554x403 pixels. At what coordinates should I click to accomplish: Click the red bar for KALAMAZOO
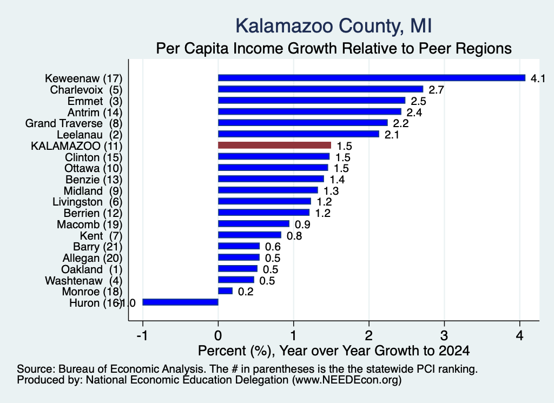coord(274,145)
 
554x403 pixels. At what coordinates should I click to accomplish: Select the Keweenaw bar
coord(372,78)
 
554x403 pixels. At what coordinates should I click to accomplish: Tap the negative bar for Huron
coord(180,302)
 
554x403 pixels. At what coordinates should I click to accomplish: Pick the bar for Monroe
coord(226,290)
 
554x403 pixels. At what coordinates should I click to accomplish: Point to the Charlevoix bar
coord(320,89)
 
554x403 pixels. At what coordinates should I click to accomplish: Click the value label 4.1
coord(538,78)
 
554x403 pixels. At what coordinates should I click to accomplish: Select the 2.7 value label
coord(437,90)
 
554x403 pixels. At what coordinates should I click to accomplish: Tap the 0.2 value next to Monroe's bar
coord(246,292)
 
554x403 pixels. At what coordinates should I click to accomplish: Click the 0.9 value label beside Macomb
coord(302,224)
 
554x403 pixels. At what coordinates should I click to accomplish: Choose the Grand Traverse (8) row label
coord(74,123)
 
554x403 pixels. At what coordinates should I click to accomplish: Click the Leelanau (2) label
coord(90,135)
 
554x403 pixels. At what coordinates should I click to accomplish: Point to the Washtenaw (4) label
coord(84,280)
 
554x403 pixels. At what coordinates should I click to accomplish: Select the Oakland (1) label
coord(92,269)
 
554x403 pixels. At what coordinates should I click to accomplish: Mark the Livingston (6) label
coord(88,202)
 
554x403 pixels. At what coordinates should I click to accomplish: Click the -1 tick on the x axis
coord(142,335)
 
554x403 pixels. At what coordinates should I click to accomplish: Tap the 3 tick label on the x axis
coord(444,335)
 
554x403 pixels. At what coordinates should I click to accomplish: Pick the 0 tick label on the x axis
coord(218,335)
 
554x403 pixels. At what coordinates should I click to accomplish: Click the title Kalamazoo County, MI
coord(333,26)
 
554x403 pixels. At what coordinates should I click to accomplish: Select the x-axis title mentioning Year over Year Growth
coord(334,351)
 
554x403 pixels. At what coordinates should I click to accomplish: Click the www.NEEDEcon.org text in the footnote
coord(347,380)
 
